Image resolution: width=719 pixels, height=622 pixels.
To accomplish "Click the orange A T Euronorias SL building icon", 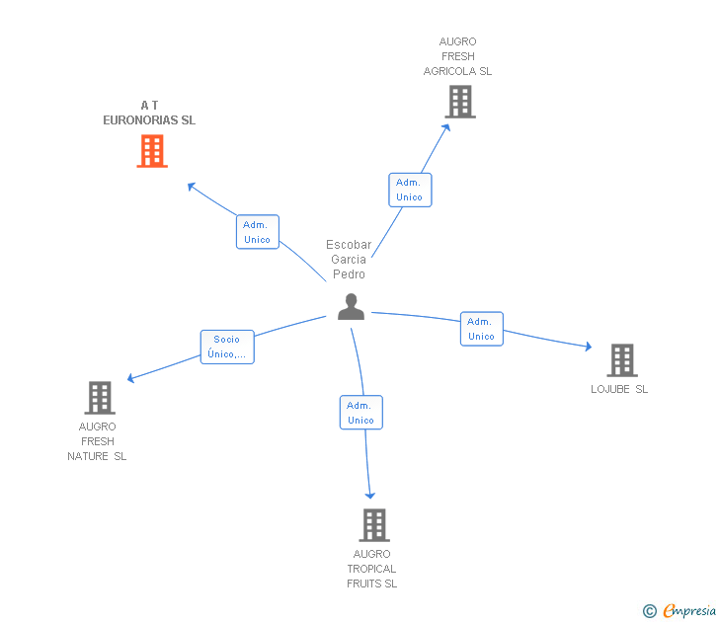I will tap(151, 151).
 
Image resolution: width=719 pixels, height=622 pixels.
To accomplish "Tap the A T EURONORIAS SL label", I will tap(149, 113).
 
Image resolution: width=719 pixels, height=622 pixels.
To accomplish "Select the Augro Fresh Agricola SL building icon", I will tap(459, 102).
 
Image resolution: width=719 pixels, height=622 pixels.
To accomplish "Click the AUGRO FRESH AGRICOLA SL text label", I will tap(457, 56).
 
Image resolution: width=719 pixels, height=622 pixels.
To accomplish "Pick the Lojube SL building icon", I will tap(621, 360).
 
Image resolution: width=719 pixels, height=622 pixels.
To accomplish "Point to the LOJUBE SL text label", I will tap(619, 389).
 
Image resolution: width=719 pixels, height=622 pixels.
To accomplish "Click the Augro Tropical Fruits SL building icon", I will tap(373, 525).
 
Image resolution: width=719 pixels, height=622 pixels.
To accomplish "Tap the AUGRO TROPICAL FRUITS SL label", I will tap(371, 569).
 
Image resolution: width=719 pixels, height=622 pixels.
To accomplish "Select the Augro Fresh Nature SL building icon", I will tap(100, 398).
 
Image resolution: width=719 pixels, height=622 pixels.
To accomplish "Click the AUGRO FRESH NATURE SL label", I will tap(97, 441).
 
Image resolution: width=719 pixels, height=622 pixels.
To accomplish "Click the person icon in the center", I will tap(351, 307).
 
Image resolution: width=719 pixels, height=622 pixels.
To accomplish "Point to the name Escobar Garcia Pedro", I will tap(349, 260).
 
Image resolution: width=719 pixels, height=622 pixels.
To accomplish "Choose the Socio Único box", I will tap(227, 347).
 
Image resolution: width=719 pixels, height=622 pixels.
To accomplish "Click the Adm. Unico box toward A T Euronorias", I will tap(257, 232).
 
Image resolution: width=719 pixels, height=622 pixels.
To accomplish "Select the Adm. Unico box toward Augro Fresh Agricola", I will tap(409, 190).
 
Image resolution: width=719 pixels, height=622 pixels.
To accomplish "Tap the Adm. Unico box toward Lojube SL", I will tap(481, 329).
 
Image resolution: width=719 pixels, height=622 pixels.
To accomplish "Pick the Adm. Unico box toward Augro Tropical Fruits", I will tap(360, 413).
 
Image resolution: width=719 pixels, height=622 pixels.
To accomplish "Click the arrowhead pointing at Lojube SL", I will tap(588, 347).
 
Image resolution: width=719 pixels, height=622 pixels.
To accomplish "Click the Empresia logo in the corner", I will tap(680, 611).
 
